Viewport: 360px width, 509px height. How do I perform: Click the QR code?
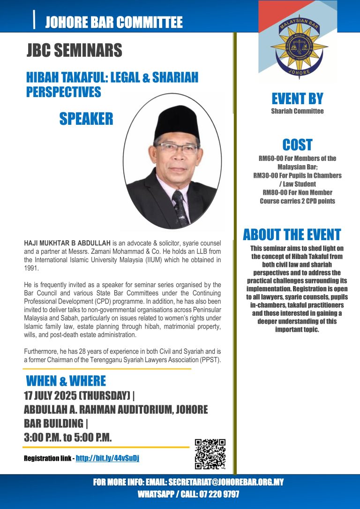(x=210, y=454)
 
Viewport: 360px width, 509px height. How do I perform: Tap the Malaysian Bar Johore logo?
(x=298, y=46)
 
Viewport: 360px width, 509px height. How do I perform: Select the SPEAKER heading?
(x=86, y=119)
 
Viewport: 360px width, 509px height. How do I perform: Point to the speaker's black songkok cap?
(x=177, y=123)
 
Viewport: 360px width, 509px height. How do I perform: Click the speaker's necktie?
(x=180, y=206)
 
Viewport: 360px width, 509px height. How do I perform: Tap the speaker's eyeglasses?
(x=178, y=149)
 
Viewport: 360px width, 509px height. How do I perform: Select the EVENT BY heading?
(x=297, y=99)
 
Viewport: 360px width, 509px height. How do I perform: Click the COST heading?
(x=297, y=144)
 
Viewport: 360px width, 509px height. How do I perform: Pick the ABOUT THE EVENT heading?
(x=292, y=235)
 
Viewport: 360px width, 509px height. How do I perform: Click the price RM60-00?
(x=271, y=159)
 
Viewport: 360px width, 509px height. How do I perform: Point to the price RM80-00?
(x=274, y=192)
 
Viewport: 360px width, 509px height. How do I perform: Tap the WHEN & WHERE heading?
(x=66, y=380)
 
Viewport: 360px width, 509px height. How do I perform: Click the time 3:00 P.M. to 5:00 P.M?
(x=67, y=437)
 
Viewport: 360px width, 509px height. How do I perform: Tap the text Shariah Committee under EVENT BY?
(x=297, y=111)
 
